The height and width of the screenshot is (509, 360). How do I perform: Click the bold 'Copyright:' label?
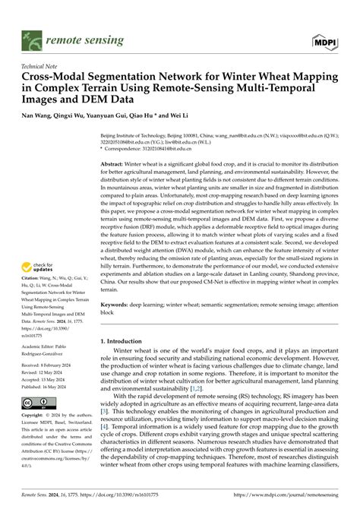(37, 438)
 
